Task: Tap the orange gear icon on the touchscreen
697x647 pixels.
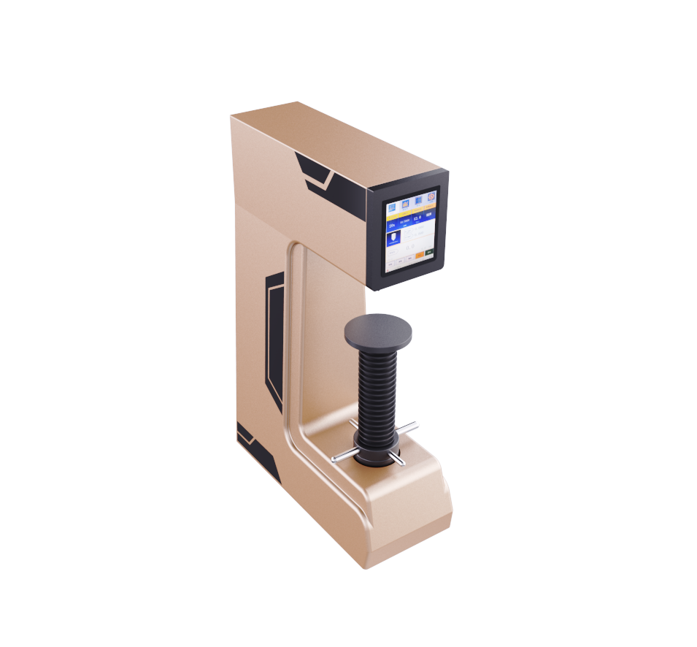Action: pos(431,196)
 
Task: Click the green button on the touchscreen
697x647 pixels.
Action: pos(429,252)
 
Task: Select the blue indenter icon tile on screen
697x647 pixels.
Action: pos(393,237)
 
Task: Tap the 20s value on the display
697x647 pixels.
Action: pos(392,226)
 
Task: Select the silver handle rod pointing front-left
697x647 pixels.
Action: pos(342,456)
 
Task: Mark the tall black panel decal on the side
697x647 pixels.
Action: pos(274,336)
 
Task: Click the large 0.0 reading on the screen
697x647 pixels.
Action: pos(409,246)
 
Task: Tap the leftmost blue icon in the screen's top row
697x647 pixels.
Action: pos(392,206)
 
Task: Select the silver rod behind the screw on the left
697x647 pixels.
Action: pos(353,422)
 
